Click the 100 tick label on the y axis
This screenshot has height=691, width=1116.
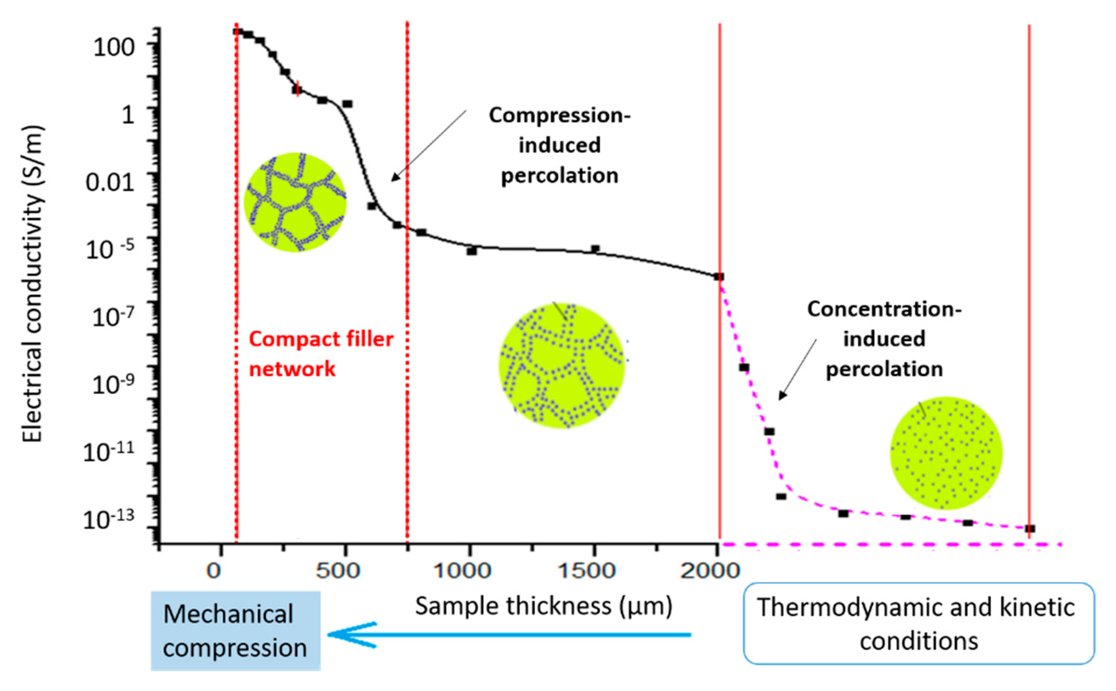tap(114, 47)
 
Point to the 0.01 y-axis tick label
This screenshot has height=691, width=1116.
tap(110, 182)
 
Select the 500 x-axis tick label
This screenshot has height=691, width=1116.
tap(338, 571)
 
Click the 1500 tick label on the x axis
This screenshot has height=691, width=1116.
tap(586, 571)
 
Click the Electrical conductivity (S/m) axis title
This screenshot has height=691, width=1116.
tap(32, 284)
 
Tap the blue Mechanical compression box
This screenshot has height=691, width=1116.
tap(236, 631)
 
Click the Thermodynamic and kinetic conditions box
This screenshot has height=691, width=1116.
tap(918, 623)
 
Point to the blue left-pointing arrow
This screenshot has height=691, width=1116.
tap(507, 634)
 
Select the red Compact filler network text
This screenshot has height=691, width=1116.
tap(320, 354)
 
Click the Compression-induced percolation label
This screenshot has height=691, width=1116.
tap(560, 145)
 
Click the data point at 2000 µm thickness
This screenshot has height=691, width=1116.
tap(719, 276)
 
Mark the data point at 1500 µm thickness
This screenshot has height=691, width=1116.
tap(595, 249)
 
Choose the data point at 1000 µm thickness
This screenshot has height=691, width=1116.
tap(472, 251)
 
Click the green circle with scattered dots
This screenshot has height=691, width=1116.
tap(946, 453)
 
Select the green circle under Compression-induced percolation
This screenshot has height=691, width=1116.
tap(561, 366)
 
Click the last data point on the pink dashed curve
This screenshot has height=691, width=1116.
tap(1030, 528)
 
